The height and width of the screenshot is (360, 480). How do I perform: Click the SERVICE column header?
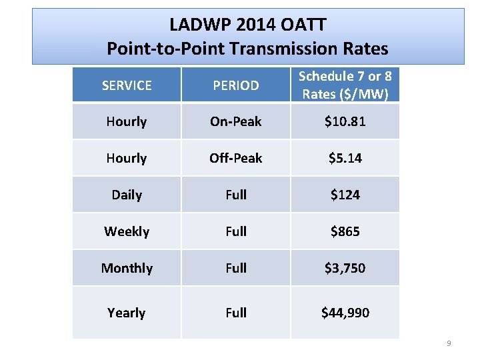point(127,85)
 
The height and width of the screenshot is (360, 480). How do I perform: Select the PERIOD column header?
point(235,85)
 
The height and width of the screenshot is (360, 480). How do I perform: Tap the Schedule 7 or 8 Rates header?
point(345,85)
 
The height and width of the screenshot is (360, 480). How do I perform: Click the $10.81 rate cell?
point(345,121)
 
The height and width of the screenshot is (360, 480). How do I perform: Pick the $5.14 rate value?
point(345,158)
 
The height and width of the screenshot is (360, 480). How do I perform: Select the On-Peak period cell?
point(235,121)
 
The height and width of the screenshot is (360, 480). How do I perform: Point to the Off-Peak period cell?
point(235,158)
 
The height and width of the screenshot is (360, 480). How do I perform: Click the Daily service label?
point(127,195)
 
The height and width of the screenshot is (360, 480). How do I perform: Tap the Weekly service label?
point(127,231)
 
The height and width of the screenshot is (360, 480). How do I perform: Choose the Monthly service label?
point(127,268)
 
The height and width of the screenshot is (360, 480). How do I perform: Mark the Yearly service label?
point(127,313)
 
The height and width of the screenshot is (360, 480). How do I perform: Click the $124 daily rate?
point(345,195)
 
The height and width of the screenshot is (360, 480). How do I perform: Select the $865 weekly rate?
point(345,231)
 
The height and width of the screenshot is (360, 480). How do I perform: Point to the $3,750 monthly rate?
point(345,268)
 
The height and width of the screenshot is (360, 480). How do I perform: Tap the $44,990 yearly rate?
point(345,313)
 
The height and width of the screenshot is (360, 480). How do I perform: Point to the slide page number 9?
point(449,343)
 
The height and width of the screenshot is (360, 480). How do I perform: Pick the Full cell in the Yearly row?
point(235,313)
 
